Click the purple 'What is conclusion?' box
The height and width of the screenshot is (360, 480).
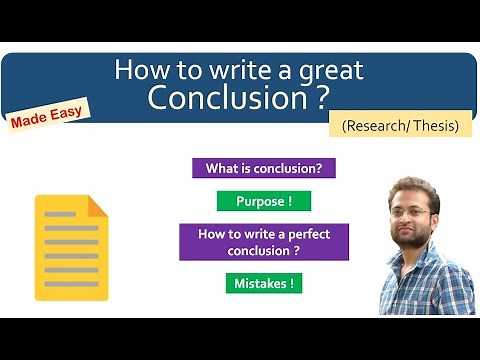[x=263, y=168]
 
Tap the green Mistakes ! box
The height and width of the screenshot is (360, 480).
[x=264, y=283]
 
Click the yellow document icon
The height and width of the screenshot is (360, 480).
[x=71, y=247]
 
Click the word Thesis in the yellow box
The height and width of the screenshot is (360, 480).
[x=436, y=126]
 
